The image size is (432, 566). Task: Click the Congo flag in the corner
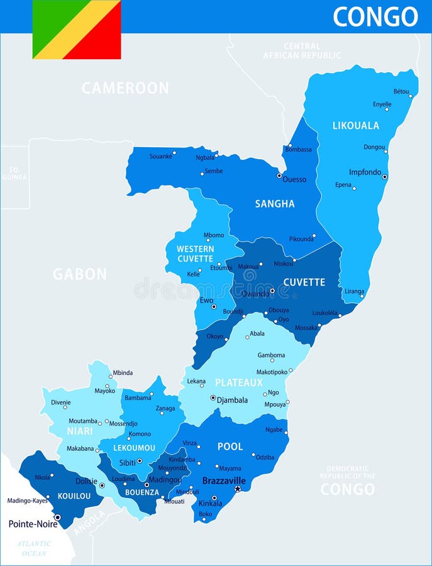point(77,30)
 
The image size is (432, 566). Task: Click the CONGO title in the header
point(375,16)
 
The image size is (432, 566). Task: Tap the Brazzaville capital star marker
point(238,489)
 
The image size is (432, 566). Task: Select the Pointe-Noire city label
point(32,523)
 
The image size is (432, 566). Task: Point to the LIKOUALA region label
point(356,126)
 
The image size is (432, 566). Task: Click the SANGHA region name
point(275,204)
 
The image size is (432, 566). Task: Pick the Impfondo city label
point(365,172)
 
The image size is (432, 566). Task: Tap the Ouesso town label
point(294,179)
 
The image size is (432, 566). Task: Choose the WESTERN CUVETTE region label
point(195,253)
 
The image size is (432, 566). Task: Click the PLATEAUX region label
point(239,382)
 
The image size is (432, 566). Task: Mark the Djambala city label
point(232,399)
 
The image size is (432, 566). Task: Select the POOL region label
point(230,447)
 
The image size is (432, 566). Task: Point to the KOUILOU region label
point(74,496)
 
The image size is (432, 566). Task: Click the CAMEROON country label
point(125,88)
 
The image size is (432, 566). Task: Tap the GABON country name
point(79,274)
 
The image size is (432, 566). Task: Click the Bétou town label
point(401,91)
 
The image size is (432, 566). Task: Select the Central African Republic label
point(302,51)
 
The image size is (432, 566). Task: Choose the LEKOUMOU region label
point(135,448)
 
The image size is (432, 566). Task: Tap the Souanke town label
point(160,156)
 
